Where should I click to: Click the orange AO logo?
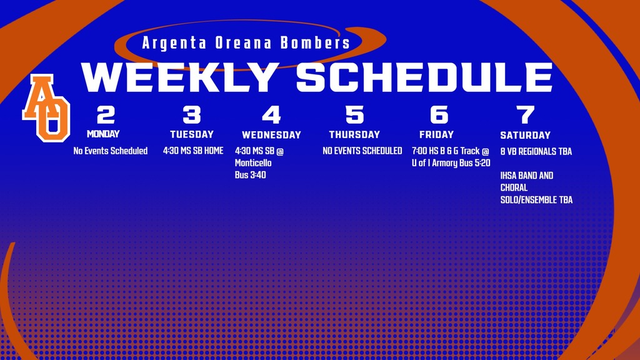tap(46, 107)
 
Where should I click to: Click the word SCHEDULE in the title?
tap(424, 77)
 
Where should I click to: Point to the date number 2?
tap(106, 115)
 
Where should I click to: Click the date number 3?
tap(191, 115)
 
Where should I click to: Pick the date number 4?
tap(271, 115)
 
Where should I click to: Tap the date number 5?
tap(354, 115)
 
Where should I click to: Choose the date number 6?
tap(439, 115)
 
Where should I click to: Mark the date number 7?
tap(526, 115)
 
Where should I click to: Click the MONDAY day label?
tap(103, 134)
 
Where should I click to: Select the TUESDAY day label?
tap(192, 134)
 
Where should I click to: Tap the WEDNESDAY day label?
tap(271, 135)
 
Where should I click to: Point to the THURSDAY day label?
tap(354, 134)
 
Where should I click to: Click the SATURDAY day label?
tap(526, 135)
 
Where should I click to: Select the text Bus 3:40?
tap(251, 175)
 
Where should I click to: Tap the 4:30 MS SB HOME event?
tap(193, 151)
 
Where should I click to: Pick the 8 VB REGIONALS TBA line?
tap(536, 151)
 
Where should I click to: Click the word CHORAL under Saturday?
tap(514, 187)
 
